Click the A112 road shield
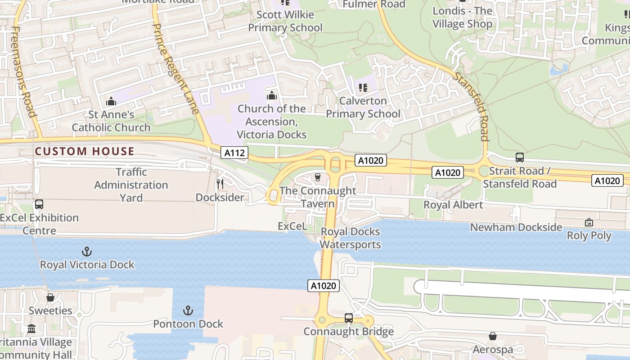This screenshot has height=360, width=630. click(x=234, y=153)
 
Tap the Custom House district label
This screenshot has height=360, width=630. click(x=85, y=151)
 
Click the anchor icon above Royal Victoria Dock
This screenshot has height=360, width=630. click(x=86, y=252)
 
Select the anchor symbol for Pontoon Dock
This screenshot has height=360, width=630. click(x=188, y=310)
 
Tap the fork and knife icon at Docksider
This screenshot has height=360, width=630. click(x=220, y=184)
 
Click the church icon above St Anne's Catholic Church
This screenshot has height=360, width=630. click(x=111, y=102)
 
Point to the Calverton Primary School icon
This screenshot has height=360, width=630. click(x=363, y=87)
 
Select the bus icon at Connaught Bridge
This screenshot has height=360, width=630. click(x=348, y=318)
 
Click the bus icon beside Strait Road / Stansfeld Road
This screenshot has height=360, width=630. click(x=520, y=157)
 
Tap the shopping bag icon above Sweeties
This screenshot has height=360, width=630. click(x=50, y=297)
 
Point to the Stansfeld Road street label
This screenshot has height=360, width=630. click(x=471, y=106)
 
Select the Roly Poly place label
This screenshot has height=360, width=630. click(x=589, y=235)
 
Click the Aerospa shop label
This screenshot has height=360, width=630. click(x=493, y=350)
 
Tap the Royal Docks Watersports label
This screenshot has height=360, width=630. click(x=350, y=238)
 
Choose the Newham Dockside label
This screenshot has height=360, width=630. click(x=516, y=227)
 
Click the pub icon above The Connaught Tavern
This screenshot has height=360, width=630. click(x=318, y=177)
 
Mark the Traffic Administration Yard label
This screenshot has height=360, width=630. click(x=131, y=185)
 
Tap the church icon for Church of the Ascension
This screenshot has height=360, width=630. click(x=271, y=95)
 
